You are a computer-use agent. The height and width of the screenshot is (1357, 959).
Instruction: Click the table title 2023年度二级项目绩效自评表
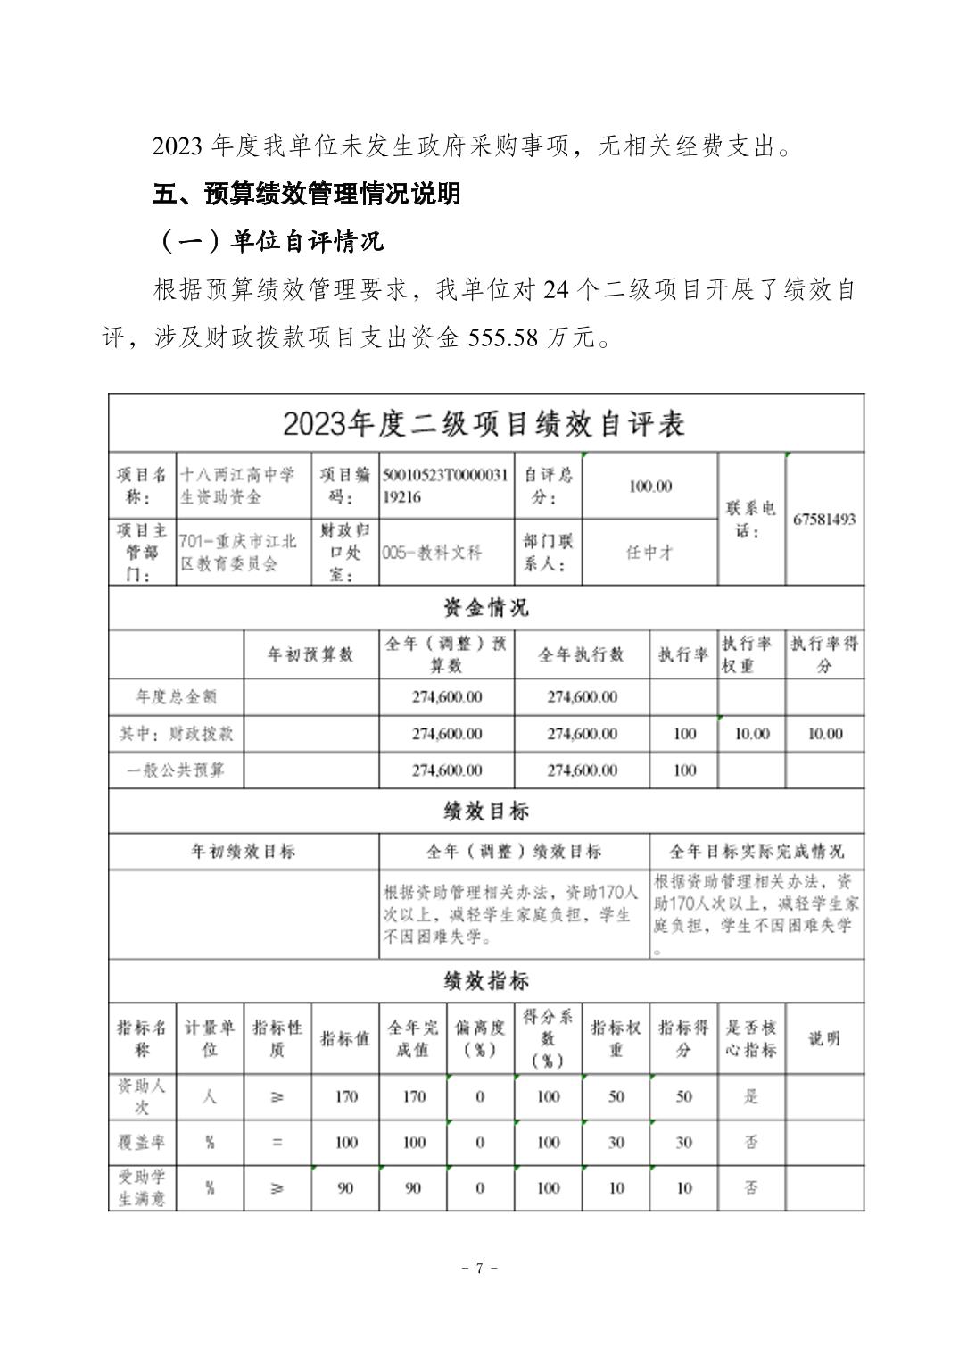484,424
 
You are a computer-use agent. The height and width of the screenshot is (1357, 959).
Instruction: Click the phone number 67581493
824,519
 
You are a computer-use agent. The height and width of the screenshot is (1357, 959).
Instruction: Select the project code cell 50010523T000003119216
445,486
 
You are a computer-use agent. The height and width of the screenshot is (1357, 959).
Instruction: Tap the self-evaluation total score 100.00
650,486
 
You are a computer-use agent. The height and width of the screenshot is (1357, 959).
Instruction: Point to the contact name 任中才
649,552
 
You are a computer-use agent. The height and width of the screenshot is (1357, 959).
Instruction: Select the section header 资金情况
486,608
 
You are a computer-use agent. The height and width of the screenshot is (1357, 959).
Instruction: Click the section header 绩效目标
486,811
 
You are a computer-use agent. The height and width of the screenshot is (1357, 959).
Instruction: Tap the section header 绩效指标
486,981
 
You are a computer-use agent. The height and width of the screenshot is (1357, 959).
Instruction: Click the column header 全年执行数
581,654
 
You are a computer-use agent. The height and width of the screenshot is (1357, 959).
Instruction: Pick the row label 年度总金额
176,696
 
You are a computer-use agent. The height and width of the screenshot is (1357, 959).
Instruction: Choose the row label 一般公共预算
176,770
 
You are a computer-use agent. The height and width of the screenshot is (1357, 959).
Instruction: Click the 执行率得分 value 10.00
824,733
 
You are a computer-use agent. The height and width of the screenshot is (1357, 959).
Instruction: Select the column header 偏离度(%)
480,1038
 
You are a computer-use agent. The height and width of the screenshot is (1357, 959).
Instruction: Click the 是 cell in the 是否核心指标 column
751,1096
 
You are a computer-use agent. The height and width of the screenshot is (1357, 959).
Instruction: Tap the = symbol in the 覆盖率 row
277,1142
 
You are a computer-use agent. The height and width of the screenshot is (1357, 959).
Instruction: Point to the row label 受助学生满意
143,1187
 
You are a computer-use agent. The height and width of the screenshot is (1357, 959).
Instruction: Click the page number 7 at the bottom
479,1268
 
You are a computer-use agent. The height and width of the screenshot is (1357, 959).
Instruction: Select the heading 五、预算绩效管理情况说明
306,193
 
